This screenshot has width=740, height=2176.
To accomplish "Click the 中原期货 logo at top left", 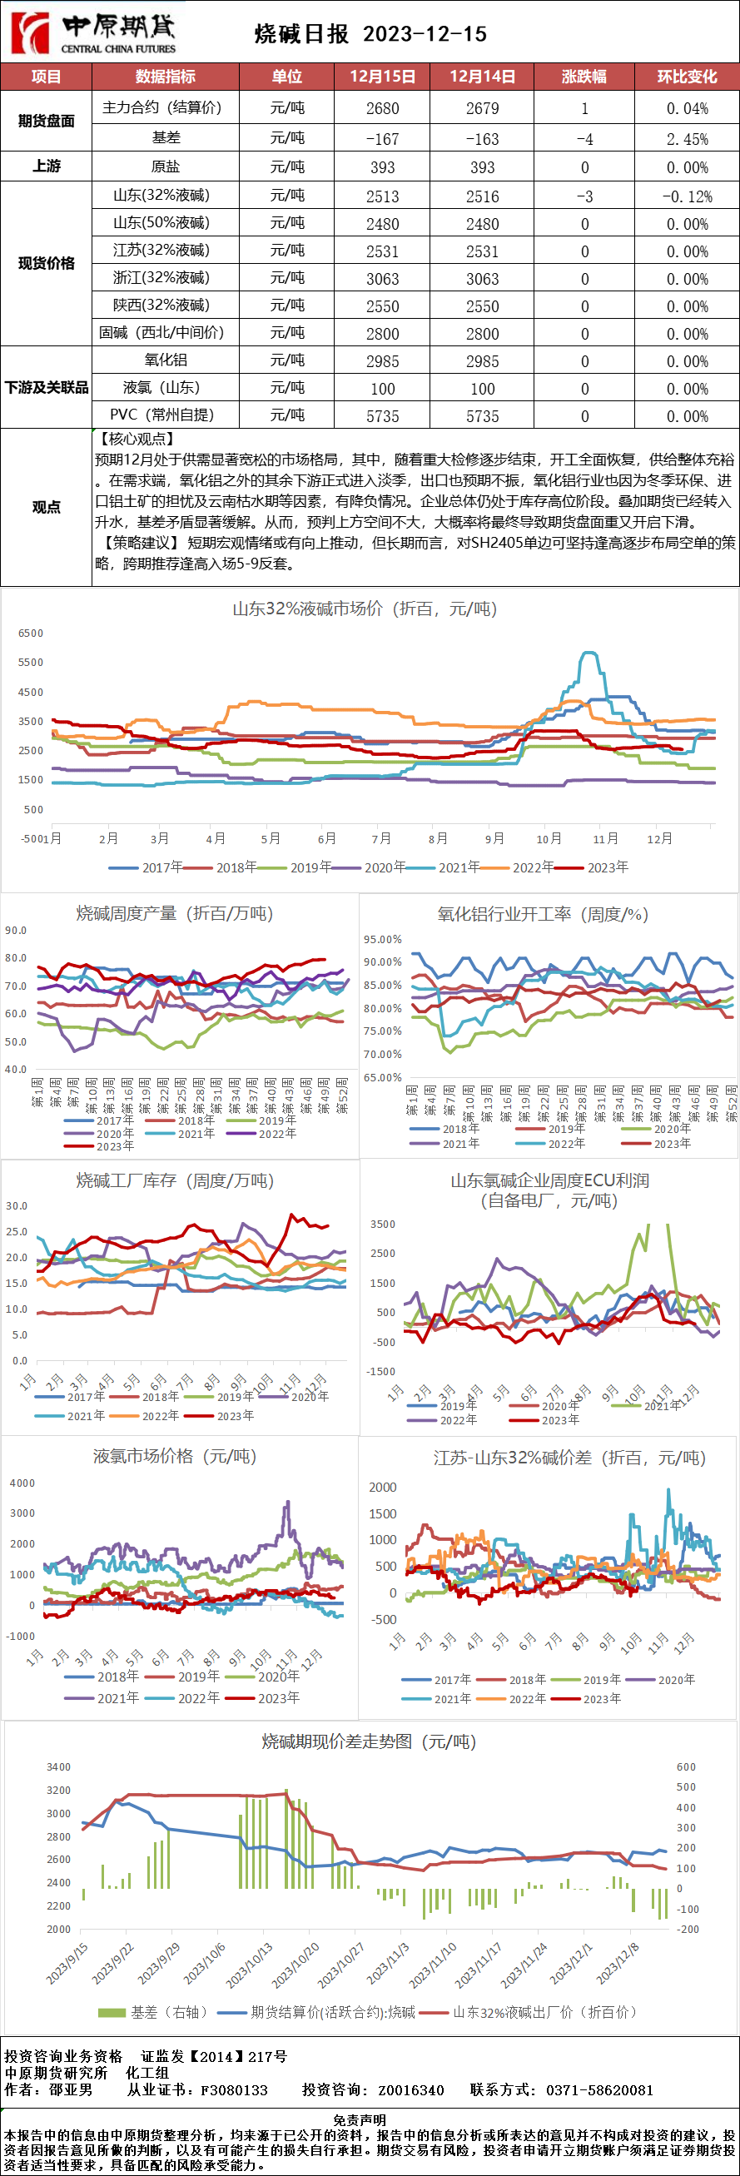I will [93, 32].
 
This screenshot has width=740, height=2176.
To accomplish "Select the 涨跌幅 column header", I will [584, 77].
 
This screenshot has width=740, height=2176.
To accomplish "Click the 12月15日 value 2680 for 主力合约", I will [383, 109].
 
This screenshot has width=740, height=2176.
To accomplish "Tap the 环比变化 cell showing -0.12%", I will [687, 196].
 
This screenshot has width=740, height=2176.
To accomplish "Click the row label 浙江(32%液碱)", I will [161, 278].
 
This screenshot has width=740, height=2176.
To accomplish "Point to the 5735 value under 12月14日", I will [482, 416].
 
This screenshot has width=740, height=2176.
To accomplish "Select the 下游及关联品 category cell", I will [47, 388].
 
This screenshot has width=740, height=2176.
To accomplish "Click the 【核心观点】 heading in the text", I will [136, 440].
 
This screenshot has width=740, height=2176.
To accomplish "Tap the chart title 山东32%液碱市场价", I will [364, 609].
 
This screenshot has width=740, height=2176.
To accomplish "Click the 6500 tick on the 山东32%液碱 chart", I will [31, 633].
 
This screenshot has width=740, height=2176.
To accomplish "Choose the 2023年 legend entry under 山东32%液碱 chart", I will [599, 867].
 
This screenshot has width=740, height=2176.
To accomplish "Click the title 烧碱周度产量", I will [174, 913].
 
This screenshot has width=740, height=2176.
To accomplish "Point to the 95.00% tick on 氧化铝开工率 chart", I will [383, 939].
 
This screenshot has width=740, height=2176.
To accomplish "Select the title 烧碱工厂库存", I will [175, 1181].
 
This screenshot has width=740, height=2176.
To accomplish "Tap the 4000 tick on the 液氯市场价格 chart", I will [22, 1483].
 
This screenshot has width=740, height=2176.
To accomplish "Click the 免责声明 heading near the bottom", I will [360, 2119].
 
